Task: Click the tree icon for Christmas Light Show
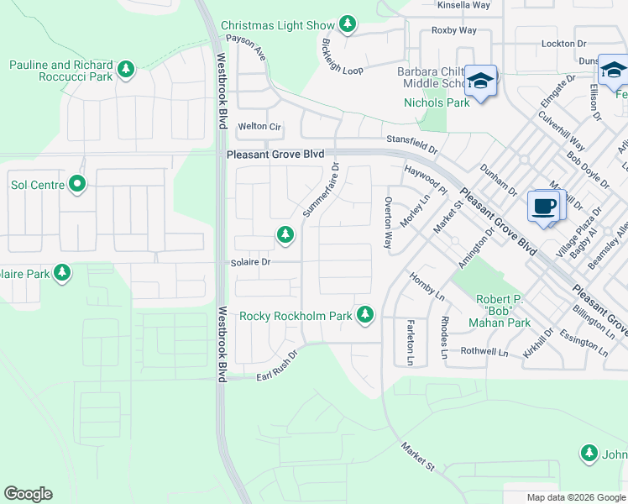click(x=348, y=25)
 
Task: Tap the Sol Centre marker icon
click(x=77, y=183)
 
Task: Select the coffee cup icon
click(x=543, y=205)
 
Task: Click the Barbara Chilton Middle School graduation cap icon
click(x=481, y=81)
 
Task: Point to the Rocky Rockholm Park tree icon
click(x=364, y=315)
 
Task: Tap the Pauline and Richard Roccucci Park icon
click(x=126, y=70)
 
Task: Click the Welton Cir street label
click(x=259, y=126)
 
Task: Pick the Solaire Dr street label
click(x=250, y=262)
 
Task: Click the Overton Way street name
click(x=388, y=223)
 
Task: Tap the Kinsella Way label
click(x=463, y=5)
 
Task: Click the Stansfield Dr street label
click(x=411, y=144)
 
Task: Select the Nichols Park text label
click(x=437, y=102)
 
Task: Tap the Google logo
click(x=28, y=494)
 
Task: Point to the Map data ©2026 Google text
click(x=576, y=497)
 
